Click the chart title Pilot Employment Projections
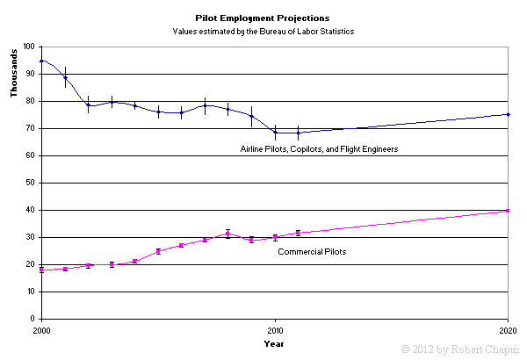point(262,17)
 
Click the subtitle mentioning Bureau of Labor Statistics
point(262,31)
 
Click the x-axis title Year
point(274,343)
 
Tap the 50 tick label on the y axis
point(32,183)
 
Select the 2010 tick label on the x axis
point(275,329)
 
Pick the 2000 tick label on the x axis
point(41,329)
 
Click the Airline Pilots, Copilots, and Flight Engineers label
point(320,149)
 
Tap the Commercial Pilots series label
point(312,252)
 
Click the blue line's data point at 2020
point(509,114)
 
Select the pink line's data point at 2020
point(509,211)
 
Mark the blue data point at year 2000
point(41,61)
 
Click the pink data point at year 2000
point(41,270)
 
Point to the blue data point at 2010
point(275,133)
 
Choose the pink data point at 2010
point(275,237)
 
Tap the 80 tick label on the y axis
point(32,101)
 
